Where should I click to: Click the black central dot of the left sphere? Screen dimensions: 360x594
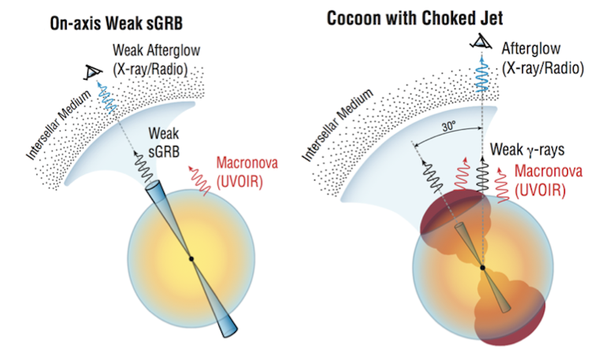tap(191, 258)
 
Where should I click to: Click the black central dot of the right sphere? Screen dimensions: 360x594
tap(482, 268)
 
